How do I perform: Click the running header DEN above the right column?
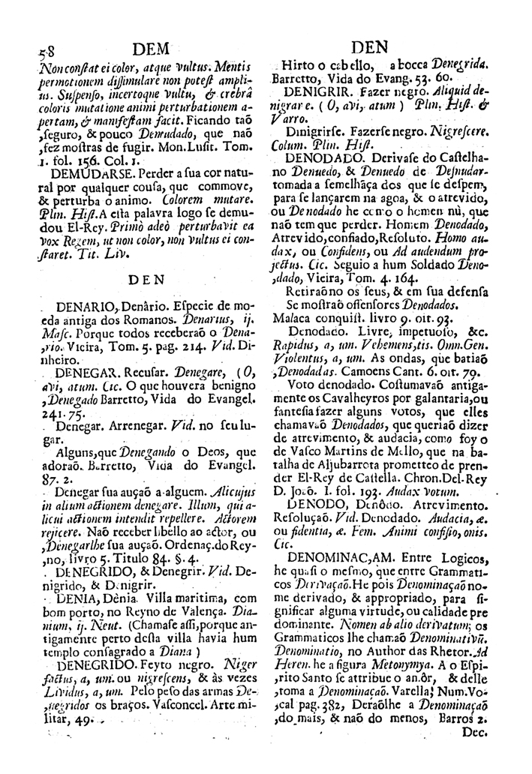378,46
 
